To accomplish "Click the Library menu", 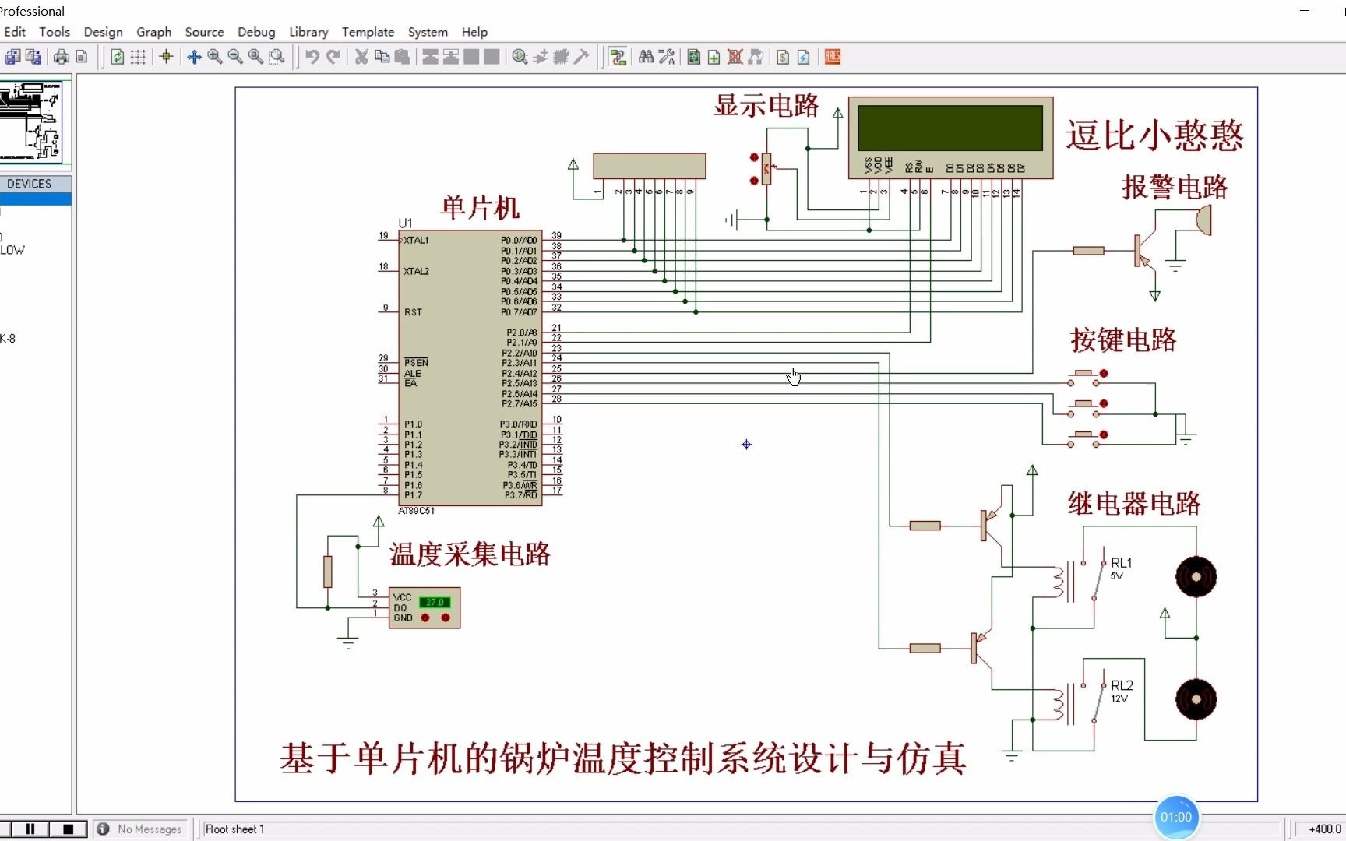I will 308,32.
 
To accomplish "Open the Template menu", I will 368,32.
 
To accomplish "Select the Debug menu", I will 256,32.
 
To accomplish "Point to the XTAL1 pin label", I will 417,241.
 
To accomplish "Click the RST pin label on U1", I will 413,312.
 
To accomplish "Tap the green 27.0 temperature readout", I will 435,602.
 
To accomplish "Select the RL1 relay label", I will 1122,563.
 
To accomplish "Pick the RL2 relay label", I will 1122,686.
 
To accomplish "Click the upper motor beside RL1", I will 1196,577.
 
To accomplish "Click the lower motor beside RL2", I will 1196,699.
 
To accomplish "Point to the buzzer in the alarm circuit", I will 1203,220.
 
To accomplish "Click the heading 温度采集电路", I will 470,554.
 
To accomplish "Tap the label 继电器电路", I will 1134,504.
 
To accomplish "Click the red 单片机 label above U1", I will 480,208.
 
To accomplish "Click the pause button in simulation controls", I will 30,829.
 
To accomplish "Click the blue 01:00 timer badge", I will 1175,817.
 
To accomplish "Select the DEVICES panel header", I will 30,184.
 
